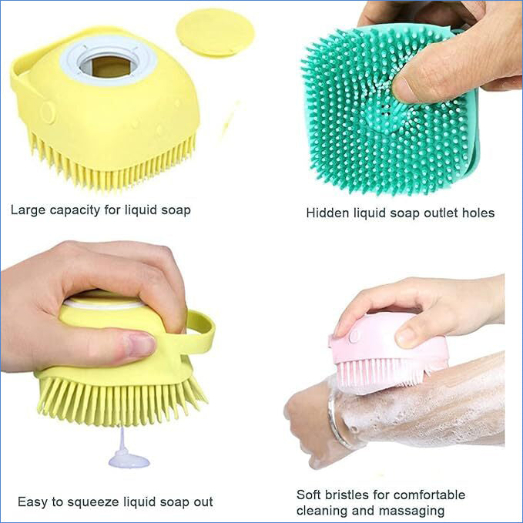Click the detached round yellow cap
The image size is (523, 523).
215,33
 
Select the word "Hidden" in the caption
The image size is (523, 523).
327,213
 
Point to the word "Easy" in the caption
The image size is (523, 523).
32,501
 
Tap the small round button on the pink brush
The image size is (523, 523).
355,336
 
